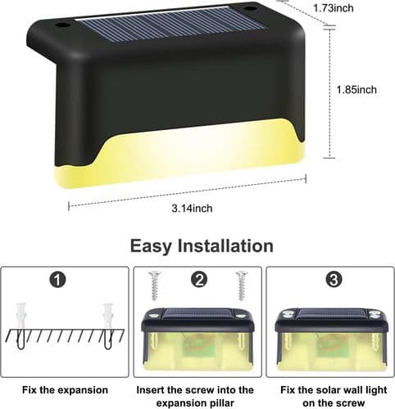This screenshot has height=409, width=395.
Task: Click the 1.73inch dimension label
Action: [333, 8]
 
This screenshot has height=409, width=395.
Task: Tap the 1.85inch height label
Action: [356, 90]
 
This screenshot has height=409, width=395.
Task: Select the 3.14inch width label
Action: [192, 209]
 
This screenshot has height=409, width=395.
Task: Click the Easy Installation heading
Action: [202, 246]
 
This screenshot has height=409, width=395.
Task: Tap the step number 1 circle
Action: [58, 280]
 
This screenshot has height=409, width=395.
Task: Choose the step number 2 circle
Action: [199, 280]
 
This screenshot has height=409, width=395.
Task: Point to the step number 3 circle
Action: [334, 280]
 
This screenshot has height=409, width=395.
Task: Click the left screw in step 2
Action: [155, 285]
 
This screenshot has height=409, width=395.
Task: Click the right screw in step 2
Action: [242, 285]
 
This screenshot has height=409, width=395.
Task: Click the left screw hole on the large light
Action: [63, 25]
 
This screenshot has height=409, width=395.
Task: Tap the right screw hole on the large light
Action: [250, 8]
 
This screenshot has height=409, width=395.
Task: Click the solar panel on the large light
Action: [172, 24]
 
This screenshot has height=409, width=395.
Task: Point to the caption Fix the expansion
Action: [65, 390]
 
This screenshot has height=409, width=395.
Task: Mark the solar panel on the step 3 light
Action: [334, 313]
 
